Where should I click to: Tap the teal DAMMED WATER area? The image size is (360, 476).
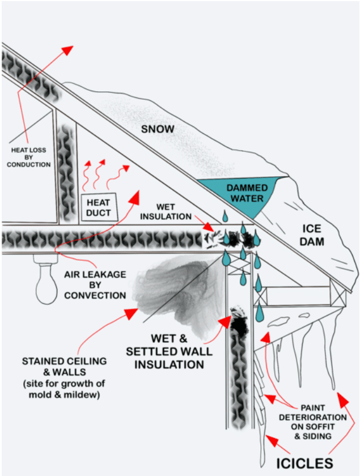[x=245, y=193]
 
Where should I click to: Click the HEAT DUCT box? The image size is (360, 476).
[x=100, y=207]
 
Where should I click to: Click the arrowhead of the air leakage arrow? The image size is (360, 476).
[x=135, y=195]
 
